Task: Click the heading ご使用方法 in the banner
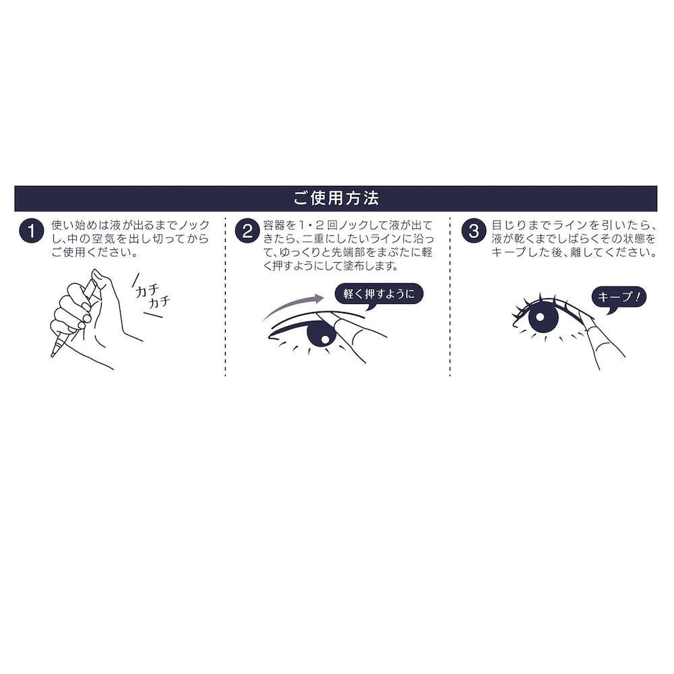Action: pos(336,199)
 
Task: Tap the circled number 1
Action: pos(32,231)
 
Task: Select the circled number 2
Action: pos(247,231)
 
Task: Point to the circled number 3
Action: pos(474,231)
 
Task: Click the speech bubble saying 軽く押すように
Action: pos(379,295)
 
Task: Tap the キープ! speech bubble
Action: pos(619,298)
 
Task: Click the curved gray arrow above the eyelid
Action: pos(294,305)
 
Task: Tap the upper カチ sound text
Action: pos(146,291)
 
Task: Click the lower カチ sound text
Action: pos(158,302)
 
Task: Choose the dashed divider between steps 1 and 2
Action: pos(225,297)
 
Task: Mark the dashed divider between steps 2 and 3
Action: pos(450,297)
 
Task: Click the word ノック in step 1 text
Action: pos(194,225)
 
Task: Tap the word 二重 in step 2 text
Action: pos(313,239)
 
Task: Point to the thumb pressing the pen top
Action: pos(102,286)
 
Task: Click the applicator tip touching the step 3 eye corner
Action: pos(582,314)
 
